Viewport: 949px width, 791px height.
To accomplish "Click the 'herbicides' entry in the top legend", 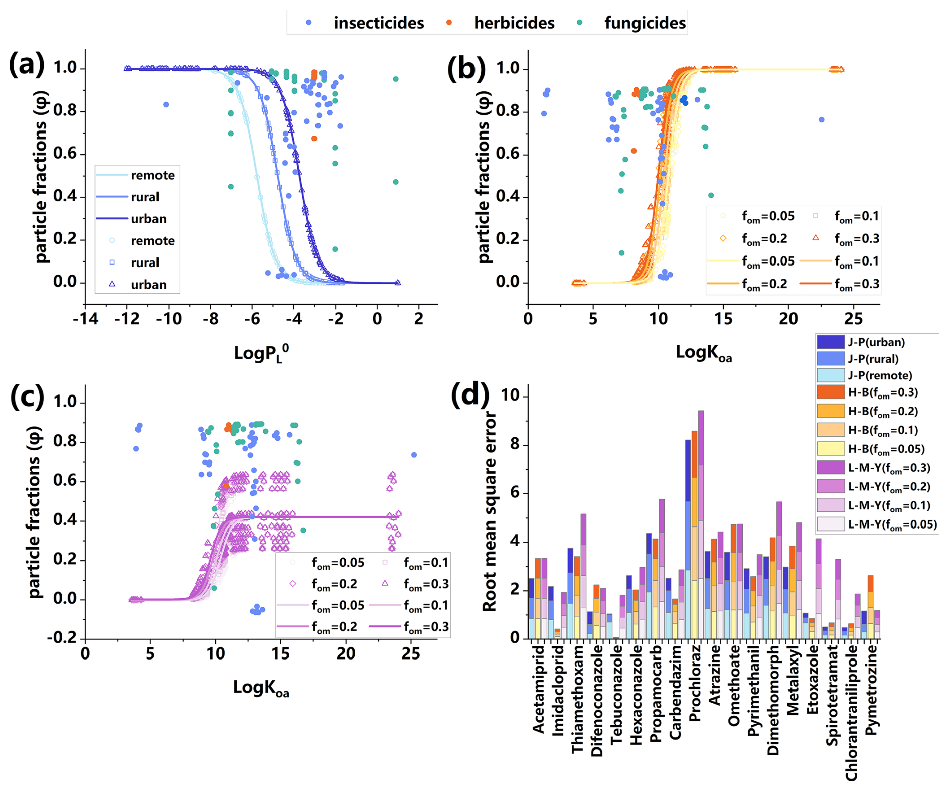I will (514, 23).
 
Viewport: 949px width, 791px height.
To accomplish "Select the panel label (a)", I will (26, 66).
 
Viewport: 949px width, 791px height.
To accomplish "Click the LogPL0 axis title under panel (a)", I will (261, 353).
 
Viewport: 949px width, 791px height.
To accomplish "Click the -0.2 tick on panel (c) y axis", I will (62, 638).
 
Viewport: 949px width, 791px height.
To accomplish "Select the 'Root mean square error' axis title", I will (489, 512).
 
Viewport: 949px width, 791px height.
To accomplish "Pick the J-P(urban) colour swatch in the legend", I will (831, 342).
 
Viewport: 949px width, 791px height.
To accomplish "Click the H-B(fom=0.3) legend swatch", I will (831, 392).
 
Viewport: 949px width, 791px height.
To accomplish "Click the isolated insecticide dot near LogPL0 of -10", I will (166, 105).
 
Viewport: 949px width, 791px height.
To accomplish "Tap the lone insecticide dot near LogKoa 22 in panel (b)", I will (822, 120).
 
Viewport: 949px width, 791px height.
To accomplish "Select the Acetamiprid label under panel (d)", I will (538, 690).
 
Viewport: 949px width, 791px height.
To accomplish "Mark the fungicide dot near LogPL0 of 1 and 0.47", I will (396, 182).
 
